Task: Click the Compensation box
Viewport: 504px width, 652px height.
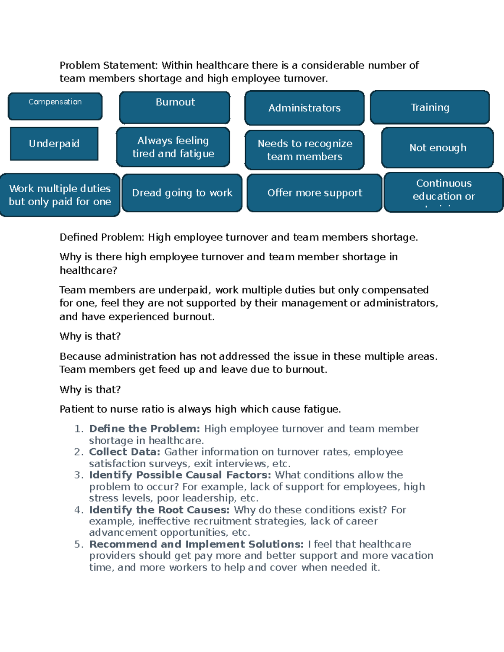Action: point(55,106)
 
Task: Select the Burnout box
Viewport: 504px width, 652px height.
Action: point(175,107)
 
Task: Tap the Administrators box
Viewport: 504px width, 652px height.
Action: point(304,108)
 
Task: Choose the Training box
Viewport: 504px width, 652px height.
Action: point(430,107)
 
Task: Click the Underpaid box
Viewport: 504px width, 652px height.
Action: point(54,144)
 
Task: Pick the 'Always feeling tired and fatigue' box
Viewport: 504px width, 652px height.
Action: point(173,147)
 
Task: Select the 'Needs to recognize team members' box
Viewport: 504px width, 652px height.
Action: point(304,150)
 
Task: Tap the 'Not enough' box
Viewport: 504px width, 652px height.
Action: point(438,148)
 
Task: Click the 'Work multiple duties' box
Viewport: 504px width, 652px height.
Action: point(60,195)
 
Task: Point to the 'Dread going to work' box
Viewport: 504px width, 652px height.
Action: point(182,193)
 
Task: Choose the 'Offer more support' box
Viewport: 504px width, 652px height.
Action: point(315,193)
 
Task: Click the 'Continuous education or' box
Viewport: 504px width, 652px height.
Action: point(444,192)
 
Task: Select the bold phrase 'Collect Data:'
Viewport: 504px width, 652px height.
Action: point(124,452)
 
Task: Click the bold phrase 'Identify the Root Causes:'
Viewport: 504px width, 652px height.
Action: point(159,510)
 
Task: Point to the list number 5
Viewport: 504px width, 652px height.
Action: point(79,545)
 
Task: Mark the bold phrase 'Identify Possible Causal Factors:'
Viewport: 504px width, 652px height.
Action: point(180,475)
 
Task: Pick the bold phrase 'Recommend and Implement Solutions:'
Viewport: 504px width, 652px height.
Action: point(196,545)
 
